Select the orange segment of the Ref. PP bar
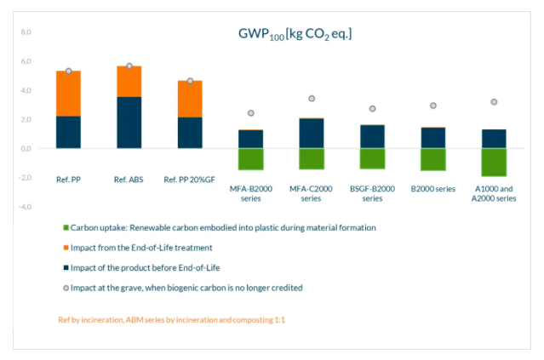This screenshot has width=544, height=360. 68,94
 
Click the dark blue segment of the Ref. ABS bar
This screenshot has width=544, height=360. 129,123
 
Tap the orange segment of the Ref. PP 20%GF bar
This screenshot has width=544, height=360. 190,99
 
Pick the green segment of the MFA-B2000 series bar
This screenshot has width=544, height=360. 250,159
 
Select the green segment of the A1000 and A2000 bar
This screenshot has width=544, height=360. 494,162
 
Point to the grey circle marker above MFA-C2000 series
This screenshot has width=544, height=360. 312,99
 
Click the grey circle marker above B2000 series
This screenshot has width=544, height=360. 433,106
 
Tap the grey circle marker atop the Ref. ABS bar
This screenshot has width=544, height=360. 129,66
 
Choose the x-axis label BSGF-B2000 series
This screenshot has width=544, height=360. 372,193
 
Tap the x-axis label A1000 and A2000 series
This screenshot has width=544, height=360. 494,193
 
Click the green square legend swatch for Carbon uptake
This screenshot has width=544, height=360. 66,228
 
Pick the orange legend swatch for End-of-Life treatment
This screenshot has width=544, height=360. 66,248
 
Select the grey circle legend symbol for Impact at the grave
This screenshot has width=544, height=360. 66,288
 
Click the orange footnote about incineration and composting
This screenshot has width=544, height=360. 169,320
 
